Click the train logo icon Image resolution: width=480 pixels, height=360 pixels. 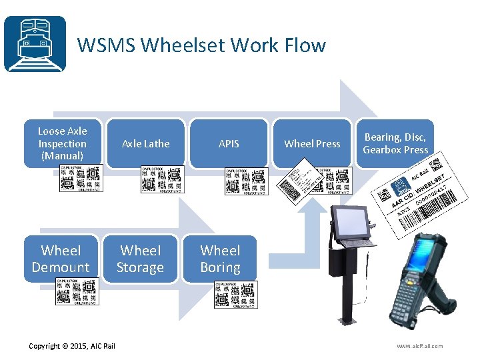(35, 43)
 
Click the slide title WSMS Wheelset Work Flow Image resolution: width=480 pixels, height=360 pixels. (201, 45)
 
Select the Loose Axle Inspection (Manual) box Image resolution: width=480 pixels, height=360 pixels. (62, 143)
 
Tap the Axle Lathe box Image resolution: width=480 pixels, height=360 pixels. (145, 143)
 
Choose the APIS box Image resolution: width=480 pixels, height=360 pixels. (229, 143)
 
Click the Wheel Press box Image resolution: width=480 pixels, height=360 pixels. (312, 143)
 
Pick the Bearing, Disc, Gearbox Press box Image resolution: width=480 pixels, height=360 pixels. (395, 143)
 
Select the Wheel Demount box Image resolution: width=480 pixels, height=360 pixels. (61, 259)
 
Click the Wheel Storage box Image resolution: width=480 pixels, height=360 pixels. (140, 259)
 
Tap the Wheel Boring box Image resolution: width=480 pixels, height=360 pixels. (220, 259)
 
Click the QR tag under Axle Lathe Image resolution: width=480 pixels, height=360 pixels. (162, 179)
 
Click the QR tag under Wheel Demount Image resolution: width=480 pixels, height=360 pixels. (77, 292)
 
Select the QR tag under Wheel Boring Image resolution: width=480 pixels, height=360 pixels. (235, 294)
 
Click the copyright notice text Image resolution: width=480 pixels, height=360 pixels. (72, 345)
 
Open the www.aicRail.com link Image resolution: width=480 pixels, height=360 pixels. (419, 345)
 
